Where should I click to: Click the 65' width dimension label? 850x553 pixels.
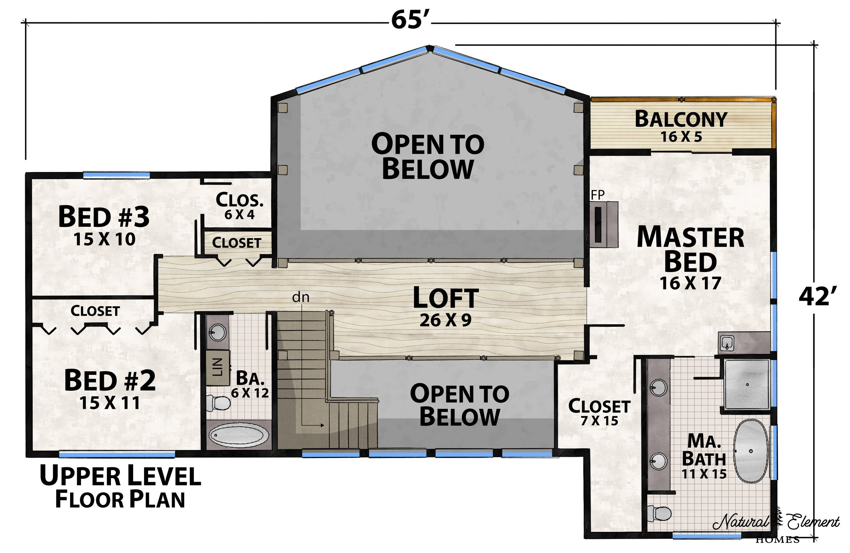coord(410,20)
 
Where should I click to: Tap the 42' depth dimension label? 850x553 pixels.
coord(818,297)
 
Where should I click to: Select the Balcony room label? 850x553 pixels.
coord(681,119)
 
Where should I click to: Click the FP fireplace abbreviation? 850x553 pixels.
coord(598,195)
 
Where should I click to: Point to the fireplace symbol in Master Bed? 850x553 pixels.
coord(604,224)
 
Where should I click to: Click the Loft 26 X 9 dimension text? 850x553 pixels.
coord(445,321)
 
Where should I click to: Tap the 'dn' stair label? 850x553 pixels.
coord(301,297)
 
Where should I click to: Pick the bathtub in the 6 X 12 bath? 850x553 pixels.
coord(239,436)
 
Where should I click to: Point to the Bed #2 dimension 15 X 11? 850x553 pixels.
coord(110,403)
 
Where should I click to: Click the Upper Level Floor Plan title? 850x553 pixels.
coord(120,487)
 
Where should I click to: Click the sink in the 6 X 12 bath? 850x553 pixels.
coord(217,332)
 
